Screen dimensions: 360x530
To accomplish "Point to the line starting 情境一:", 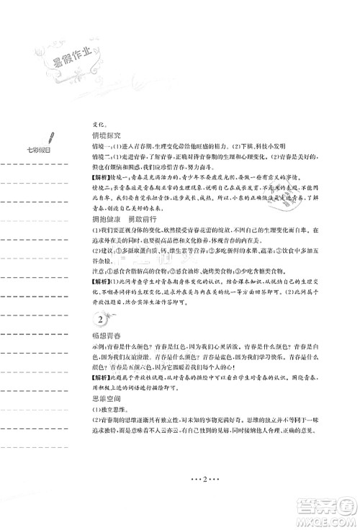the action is click(x=194, y=146).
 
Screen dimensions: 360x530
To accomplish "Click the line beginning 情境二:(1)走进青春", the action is click(x=202, y=157).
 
